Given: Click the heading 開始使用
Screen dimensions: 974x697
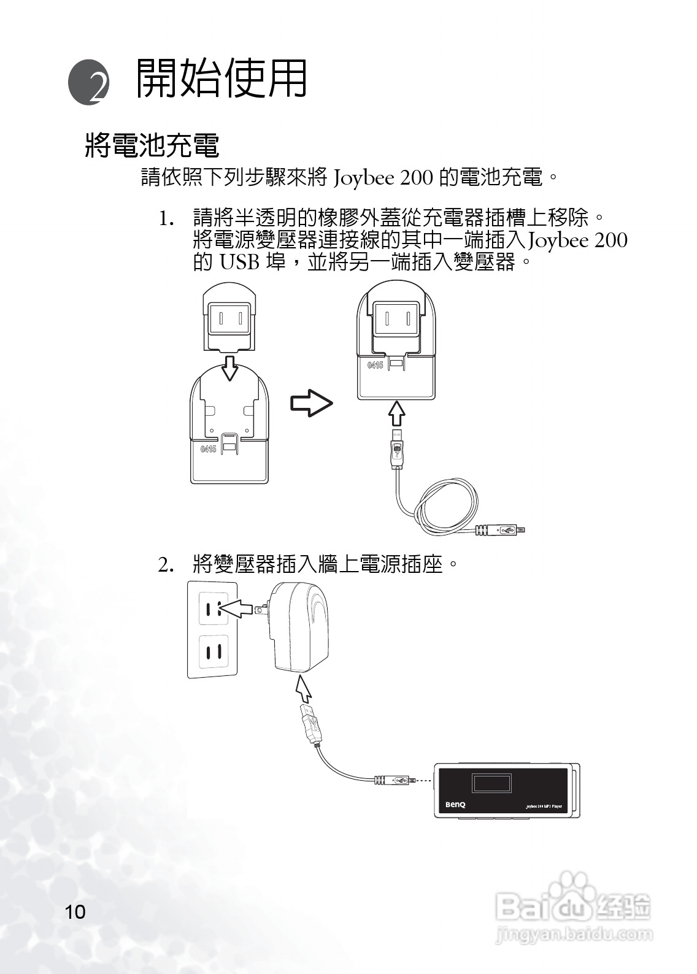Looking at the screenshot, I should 221,79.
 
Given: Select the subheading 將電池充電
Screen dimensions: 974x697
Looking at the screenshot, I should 152,145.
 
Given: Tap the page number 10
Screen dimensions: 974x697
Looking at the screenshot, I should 75,911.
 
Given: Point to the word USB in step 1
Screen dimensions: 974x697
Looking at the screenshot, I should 239,263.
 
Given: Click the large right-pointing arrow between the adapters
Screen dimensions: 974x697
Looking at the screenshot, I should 311,403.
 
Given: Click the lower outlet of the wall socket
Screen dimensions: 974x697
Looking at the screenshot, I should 214,651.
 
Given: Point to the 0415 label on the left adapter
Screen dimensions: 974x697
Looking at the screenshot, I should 208,449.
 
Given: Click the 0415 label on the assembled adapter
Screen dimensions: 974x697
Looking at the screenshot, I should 375,366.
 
